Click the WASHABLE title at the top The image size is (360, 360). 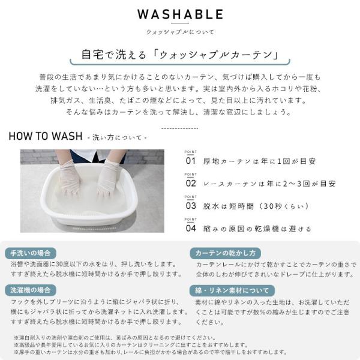(x=180, y=14)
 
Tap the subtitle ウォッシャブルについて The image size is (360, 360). (x=180, y=32)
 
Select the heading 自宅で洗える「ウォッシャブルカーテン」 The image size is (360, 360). (x=179, y=56)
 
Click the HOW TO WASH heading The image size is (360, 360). (x=45, y=136)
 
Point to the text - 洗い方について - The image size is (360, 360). (x=117, y=137)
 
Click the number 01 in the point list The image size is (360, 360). (x=191, y=161)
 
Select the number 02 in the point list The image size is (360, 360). (x=191, y=183)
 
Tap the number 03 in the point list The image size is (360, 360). (x=191, y=205)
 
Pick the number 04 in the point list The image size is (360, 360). (x=191, y=228)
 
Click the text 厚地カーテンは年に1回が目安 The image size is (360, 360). (x=260, y=161)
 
